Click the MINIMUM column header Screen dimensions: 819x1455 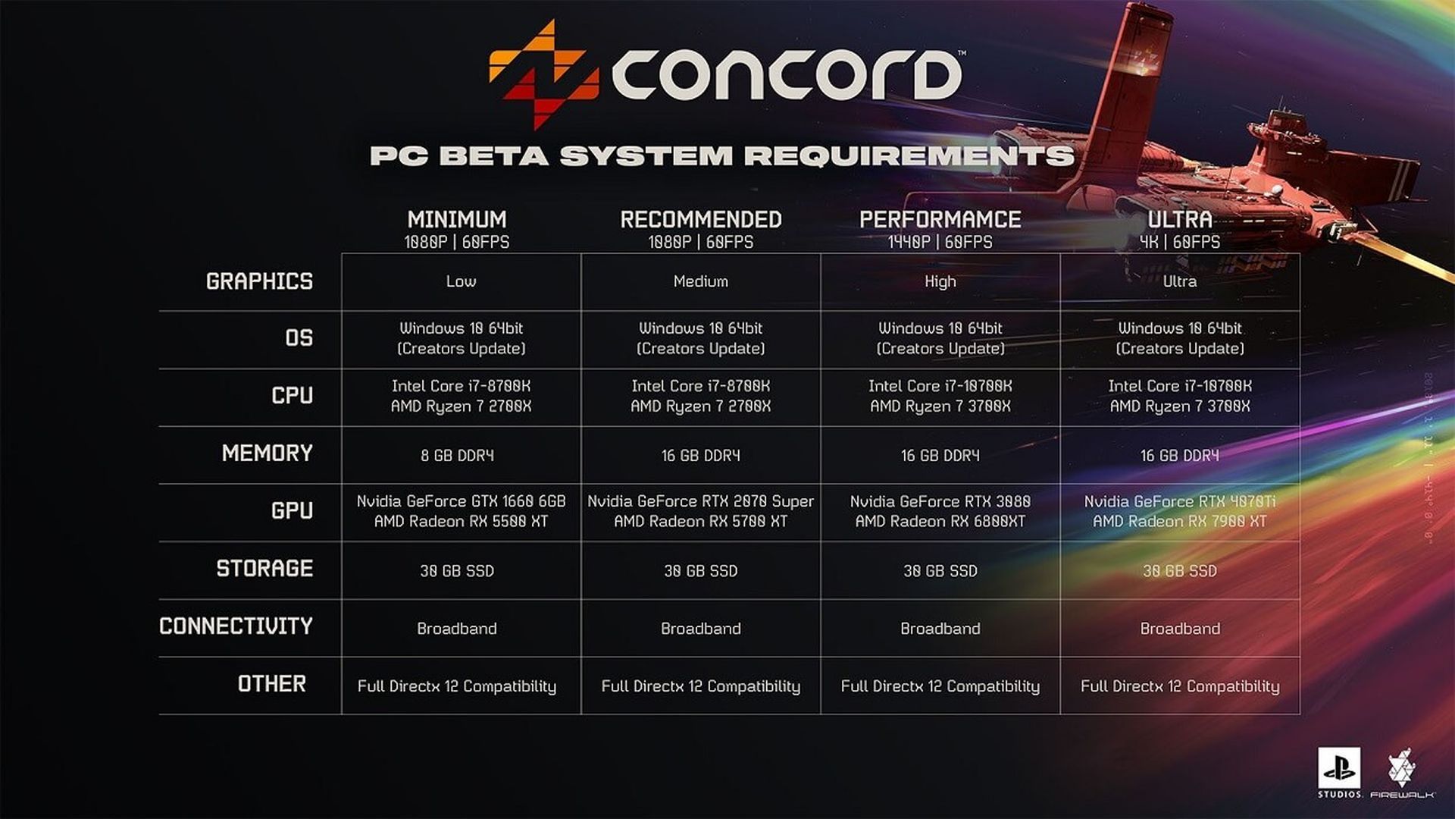[x=457, y=220]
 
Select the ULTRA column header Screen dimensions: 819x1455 [x=1180, y=220]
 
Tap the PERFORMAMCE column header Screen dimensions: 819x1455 [x=940, y=220]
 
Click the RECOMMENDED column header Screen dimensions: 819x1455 [x=701, y=220]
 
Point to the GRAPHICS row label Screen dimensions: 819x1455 [x=259, y=281]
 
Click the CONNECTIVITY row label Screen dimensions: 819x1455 [x=236, y=626]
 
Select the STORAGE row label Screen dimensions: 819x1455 [x=264, y=569]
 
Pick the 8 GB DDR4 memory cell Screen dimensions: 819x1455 [x=457, y=455]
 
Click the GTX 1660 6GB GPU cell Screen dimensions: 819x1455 [x=461, y=511]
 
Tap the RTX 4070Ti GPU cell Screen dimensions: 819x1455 [x=1180, y=511]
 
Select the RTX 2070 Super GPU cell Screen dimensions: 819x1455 [x=701, y=511]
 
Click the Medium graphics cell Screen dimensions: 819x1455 [x=701, y=281]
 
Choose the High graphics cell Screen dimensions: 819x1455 [x=940, y=281]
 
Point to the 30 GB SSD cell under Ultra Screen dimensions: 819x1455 [x=1180, y=571]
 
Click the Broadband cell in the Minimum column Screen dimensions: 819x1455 [x=457, y=629]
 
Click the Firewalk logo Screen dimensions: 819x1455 [x=1402, y=773]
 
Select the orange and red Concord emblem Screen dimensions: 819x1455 [x=544, y=74]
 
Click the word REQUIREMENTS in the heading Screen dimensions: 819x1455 [x=909, y=155]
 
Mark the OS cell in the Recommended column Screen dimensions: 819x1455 [x=701, y=338]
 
